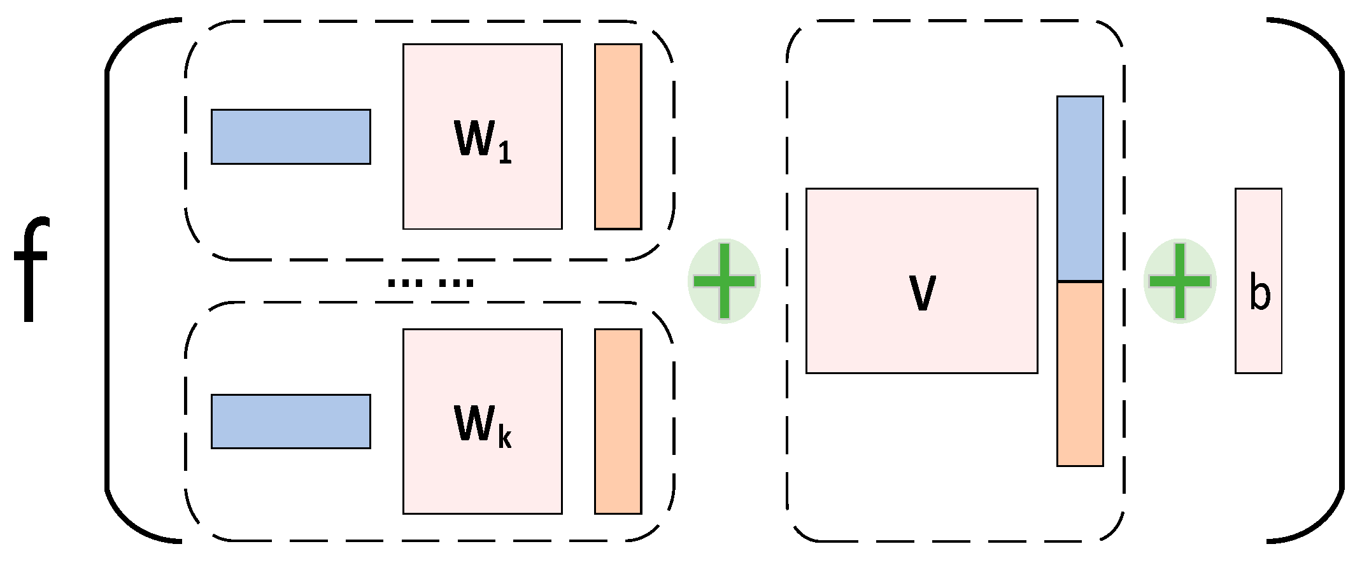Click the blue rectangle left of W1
(x=290, y=136)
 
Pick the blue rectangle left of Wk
(x=290, y=421)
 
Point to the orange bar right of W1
(x=618, y=136)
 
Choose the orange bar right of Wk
(x=618, y=421)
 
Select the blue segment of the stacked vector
(x=1080, y=188)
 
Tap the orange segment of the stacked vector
(x=1080, y=374)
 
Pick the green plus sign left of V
(x=725, y=281)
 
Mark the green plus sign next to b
(x=1180, y=281)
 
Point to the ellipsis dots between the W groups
(x=430, y=282)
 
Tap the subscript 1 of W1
(x=505, y=153)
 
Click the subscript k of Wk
(x=505, y=438)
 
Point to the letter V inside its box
(x=922, y=293)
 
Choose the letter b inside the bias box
(x=1259, y=293)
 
